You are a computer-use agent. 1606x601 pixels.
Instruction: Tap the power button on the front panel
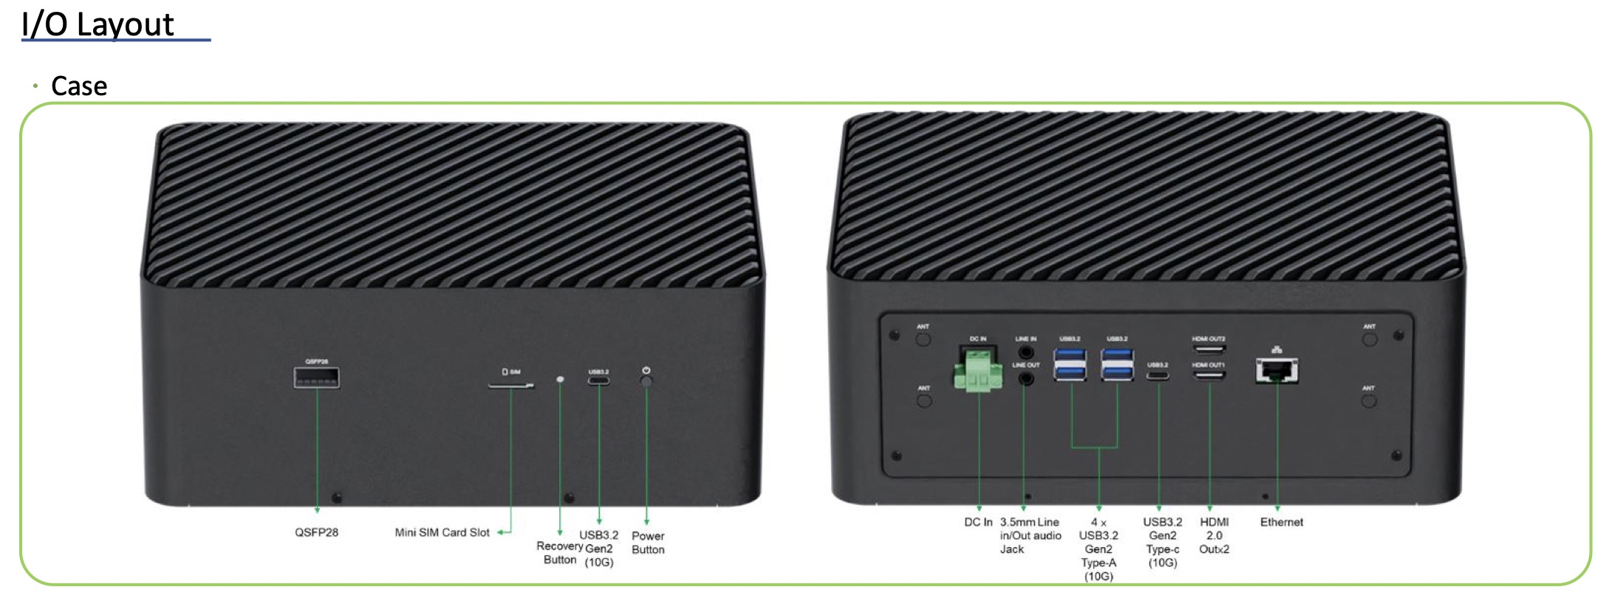646,381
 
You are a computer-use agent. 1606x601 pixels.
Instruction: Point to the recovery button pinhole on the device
560,380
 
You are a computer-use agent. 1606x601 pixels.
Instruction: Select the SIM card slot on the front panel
511,385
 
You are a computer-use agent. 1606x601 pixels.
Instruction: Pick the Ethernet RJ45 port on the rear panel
1277,370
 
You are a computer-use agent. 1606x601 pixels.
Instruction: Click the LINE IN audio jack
1025,352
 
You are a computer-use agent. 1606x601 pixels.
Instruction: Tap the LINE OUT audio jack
1025,378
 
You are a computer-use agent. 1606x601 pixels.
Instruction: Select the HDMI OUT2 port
1209,349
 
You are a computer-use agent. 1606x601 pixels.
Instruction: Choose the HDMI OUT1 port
1209,375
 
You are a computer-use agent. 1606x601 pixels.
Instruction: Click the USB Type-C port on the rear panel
1158,376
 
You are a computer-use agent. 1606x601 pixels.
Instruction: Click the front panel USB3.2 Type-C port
598,381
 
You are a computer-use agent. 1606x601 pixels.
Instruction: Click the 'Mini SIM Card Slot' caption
442,532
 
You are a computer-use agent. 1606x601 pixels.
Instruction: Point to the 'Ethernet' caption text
1281,522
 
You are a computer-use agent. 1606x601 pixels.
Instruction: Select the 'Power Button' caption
648,543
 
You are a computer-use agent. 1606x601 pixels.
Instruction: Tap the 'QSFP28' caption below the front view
316,532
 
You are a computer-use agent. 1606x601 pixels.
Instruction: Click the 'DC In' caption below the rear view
978,522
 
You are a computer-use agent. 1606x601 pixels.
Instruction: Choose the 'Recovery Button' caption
560,552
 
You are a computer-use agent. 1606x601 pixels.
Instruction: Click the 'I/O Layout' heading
98,25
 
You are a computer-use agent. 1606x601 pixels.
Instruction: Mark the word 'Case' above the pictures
79,86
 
